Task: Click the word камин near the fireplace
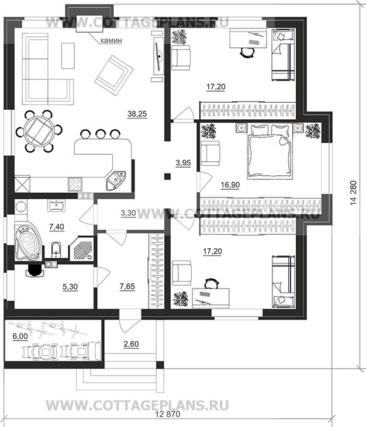pyautogui.click(x=111, y=40)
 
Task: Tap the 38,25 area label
pyautogui.click(x=137, y=114)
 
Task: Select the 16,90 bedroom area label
pyautogui.click(x=230, y=185)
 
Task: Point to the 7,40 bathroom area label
pyautogui.click(x=57, y=227)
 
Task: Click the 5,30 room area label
pyautogui.click(x=70, y=286)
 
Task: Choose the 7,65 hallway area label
pyautogui.click(x=127, y=286)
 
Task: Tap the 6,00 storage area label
pyautogui.click(x=20, y=336)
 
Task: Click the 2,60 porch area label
pyautogui.click(x=131, y=344)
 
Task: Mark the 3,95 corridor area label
pyautogui.click(x=183, y=163)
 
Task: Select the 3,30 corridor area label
pyautogui.click(x=128, y=213)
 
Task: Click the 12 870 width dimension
pyautogui.click(x=168, y=414)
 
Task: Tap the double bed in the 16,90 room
pyautogui.click(x=270, y=151)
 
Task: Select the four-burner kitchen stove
pyautogui.click(x=75, y=184)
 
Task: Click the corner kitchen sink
pyautogui.click(x=116, y=180)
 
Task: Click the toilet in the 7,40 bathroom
pyautogui.click(x=56, y=250)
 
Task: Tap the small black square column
pyautogui.click(x=167, y=176)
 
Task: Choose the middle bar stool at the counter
pyautogui.click(x=101, y=134)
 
